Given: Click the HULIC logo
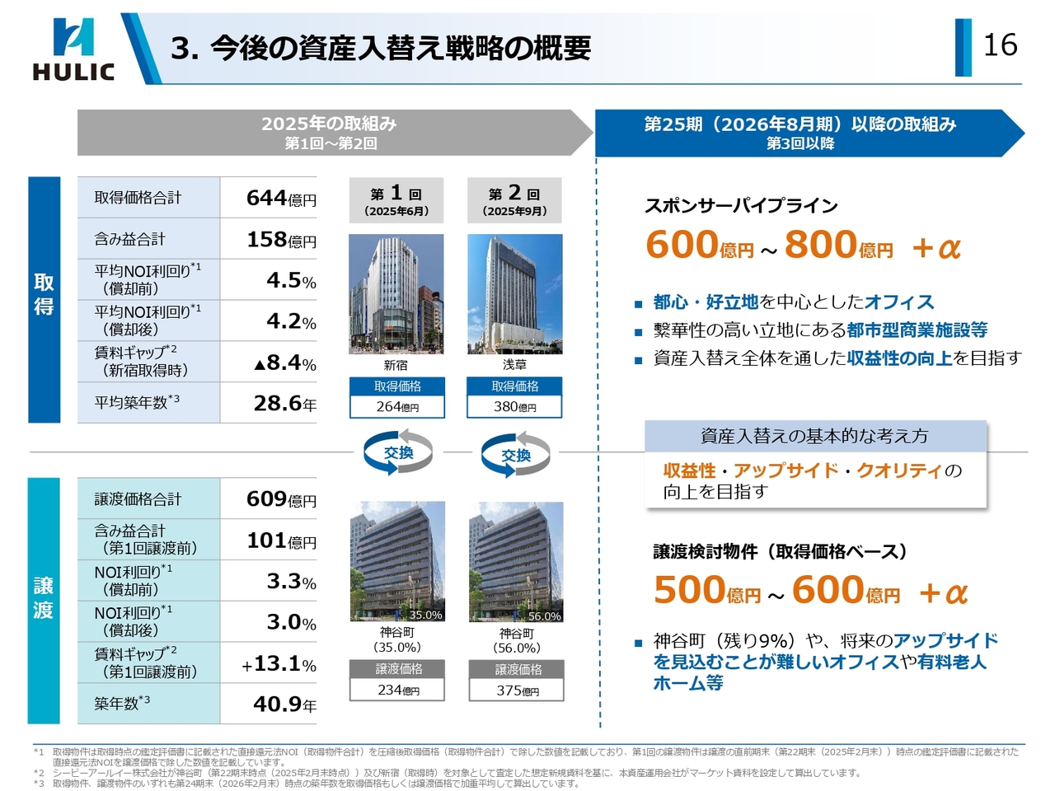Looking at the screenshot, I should point(73,49).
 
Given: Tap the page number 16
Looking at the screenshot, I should point(1000,45).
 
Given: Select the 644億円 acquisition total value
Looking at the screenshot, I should point(281,199).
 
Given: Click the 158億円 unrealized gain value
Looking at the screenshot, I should point(281,240).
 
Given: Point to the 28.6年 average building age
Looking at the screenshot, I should point(284,403).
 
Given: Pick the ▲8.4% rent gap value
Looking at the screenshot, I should point(284,363).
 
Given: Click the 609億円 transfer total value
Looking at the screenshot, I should point(281,499).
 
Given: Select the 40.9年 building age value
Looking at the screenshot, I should point(284,704).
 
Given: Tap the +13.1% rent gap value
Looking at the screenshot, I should point(279,663).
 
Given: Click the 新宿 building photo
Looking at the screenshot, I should point(396,294).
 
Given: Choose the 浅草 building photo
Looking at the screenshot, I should point(514,294).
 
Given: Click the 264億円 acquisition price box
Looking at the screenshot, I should point(397,407).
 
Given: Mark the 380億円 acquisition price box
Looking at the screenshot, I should point(515,407).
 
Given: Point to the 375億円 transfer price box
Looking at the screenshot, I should point(517,690).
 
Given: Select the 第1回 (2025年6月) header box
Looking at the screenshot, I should point(396,200).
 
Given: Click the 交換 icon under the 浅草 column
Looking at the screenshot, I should point(516,455).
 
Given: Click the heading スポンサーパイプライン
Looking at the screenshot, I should point(741,206).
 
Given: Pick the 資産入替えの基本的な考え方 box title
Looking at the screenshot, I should point(814,436).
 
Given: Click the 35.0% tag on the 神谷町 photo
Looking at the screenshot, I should point(425,615).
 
